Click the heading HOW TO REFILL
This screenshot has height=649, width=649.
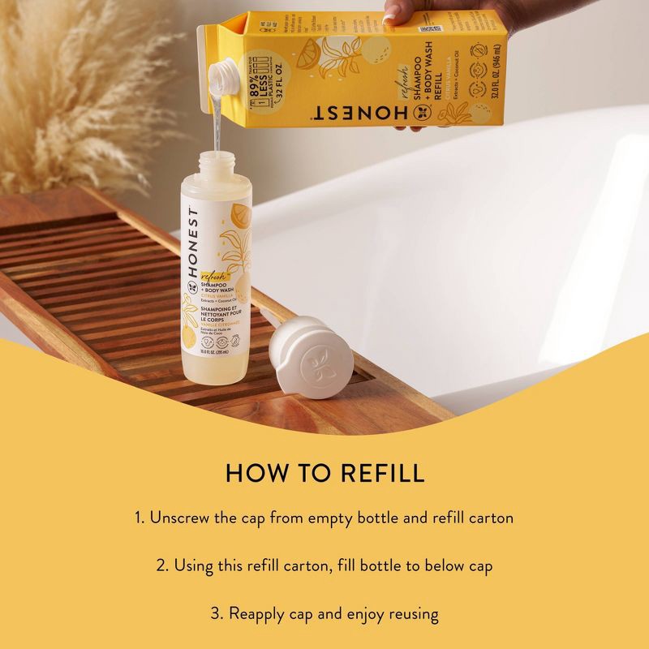tap(324, 472)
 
